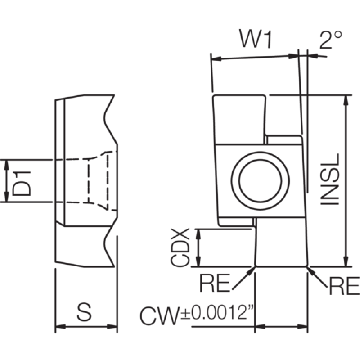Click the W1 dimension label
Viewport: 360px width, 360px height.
point(256,39)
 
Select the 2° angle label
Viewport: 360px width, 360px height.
point(331,40)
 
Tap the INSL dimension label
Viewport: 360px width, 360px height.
point(330,179)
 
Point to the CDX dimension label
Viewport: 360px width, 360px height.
point(180,247)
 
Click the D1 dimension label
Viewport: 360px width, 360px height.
point(22,184)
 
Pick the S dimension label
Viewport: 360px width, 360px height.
point(84,312)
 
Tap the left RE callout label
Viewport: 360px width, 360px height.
point(215,283)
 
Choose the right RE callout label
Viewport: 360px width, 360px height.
point(344,286)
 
